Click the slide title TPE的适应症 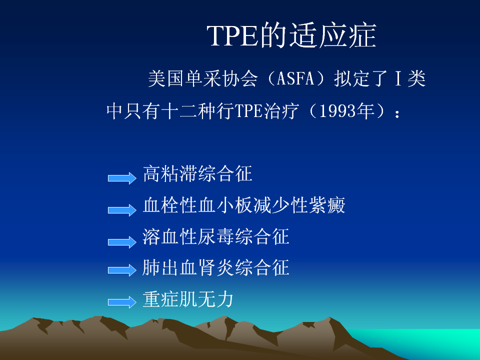tap(291, 35)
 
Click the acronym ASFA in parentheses tap(295, 78)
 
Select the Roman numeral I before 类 tap(398, 78)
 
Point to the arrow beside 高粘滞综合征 tap(122, 178)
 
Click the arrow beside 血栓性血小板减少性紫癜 tap(122, 210)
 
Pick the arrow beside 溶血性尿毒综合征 tap(122, 242)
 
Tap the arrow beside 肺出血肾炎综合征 tap(122, 270)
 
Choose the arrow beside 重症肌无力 tap(122, 302)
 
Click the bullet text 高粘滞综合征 tap(197, 173)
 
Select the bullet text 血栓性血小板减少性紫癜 tap(244, 205)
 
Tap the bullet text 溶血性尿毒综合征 tap(216, 236)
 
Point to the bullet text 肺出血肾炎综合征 tap(216, 267)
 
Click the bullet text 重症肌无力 tap(188, 299)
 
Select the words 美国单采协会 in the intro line tap(203, 78)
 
